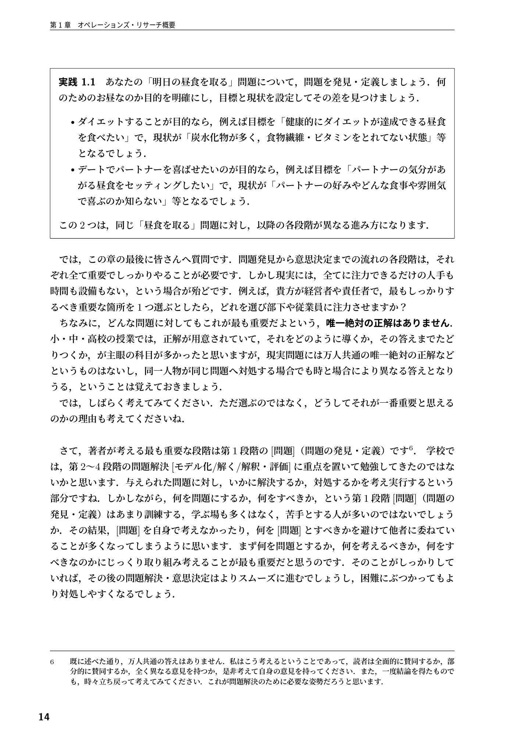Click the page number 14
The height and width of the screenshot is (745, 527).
43,717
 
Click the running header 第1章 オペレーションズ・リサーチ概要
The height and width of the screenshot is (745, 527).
113,25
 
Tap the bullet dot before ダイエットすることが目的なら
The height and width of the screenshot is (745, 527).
72,122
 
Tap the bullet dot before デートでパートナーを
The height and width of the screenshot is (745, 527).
72,170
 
